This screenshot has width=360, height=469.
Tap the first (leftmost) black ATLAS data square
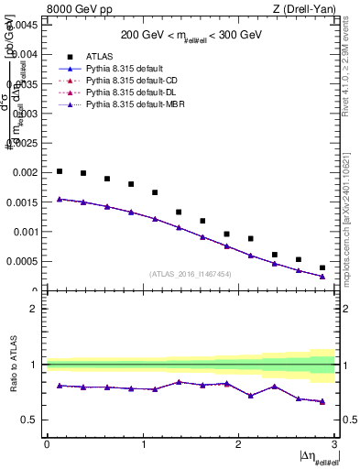[60, 171]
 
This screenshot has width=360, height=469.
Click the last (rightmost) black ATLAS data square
[322, 267]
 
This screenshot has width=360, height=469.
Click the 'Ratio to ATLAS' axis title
[12, 365]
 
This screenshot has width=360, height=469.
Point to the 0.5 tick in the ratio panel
[32, 420]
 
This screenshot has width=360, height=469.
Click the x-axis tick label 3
[335, 444]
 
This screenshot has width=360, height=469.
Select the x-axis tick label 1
[143, 444]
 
